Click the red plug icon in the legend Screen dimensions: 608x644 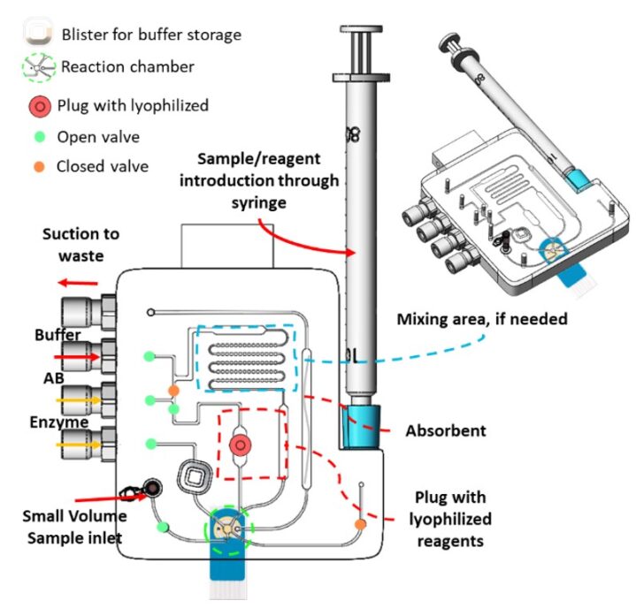pos(38,106)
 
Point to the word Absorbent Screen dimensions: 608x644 pos(445,431)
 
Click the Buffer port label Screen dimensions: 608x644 pos(57,336)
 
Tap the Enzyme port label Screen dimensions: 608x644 pos(63,422)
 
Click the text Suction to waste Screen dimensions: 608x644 pos(80,245)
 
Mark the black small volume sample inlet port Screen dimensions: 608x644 pos(153,488)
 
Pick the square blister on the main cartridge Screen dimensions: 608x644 pos(196,480)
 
